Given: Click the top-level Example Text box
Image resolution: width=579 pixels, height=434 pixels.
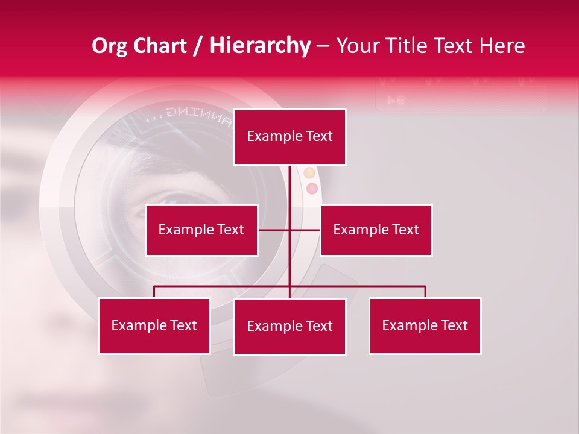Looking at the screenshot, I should coord(289,137).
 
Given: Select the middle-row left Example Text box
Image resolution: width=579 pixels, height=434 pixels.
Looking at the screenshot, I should coord(201,230).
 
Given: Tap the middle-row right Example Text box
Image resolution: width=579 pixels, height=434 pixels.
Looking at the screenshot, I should coord(376,230).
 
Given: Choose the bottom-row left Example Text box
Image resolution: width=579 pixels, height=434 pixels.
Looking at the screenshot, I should coord(154,325).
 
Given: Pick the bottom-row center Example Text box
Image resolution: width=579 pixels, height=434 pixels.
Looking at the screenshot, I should coord(289,326).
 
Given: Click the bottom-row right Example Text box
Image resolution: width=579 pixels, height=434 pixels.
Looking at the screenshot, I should coord(425,325).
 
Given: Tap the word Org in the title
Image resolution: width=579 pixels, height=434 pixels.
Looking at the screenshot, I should coord(109,46).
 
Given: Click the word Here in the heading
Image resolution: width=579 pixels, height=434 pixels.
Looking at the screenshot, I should coord(500,46).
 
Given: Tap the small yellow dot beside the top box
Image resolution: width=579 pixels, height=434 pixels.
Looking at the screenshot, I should coord(309,174).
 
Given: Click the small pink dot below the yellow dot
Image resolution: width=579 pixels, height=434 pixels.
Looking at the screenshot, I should coord(312,189).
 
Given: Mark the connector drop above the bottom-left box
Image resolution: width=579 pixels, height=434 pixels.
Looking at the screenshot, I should coord(154,292).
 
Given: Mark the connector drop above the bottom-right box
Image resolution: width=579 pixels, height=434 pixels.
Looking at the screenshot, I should coord(425,292).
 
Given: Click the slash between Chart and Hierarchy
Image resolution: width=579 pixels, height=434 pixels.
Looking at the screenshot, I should coord(198,46).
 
